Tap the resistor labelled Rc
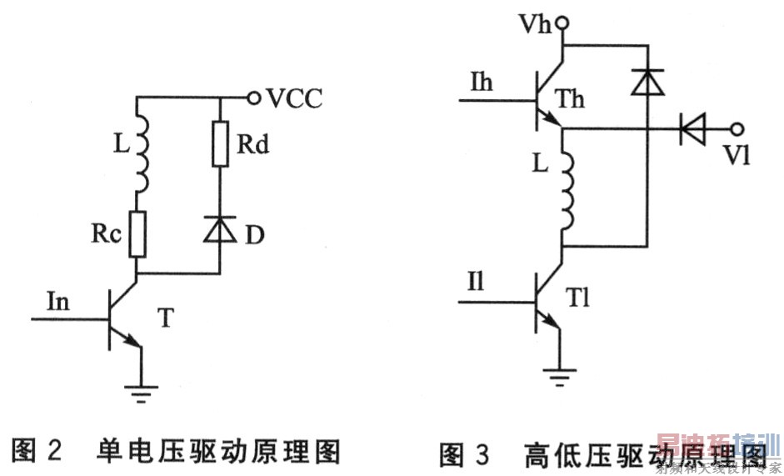[138, 236]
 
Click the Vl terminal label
[737, 154]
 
